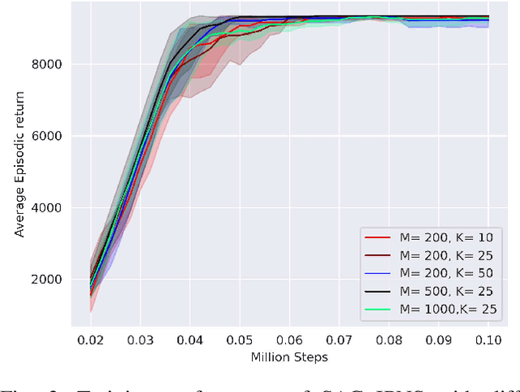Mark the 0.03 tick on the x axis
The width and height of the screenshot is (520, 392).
point(139,340)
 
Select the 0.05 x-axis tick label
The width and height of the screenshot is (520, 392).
point(239,340)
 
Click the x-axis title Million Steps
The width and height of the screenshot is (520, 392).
point(289,357)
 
